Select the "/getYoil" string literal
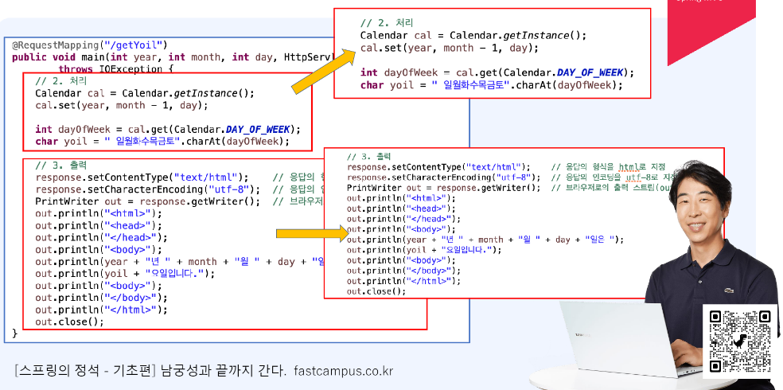coord(127,45)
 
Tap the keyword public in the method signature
coord(29,57)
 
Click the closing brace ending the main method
coord(15,333)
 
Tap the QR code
coord(741,340)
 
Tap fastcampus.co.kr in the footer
coord(343,371)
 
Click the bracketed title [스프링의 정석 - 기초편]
coord(85,371)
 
